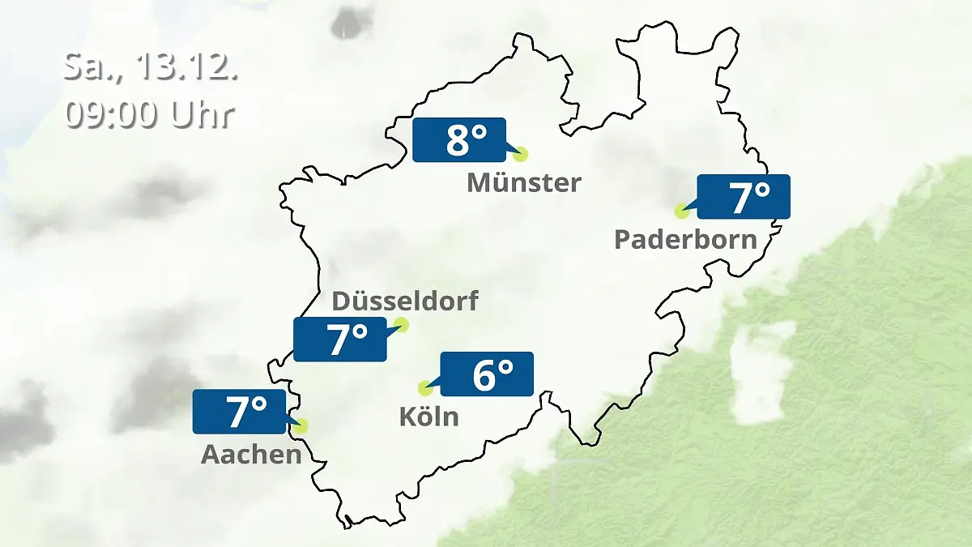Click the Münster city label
pos(524,182)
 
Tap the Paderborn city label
pos(685,239)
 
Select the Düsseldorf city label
pos(405,301)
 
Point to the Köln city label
pos(428,417)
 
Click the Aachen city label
pos(251,454)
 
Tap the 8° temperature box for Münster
pos(458,140)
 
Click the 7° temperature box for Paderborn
pos(743,197)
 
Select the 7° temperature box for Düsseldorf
pos(339,340)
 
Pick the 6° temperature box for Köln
pos(486,374)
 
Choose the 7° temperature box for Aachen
pos(239,412)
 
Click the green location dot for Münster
pos(520,154)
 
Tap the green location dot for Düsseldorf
pos(401,326)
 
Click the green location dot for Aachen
pos(301,425)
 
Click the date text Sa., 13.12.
pos(151,67)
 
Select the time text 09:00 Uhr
pos(150,114)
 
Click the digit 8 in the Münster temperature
pos(457,140)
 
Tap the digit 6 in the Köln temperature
pos(484,374)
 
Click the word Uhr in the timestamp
pos(202,114)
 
